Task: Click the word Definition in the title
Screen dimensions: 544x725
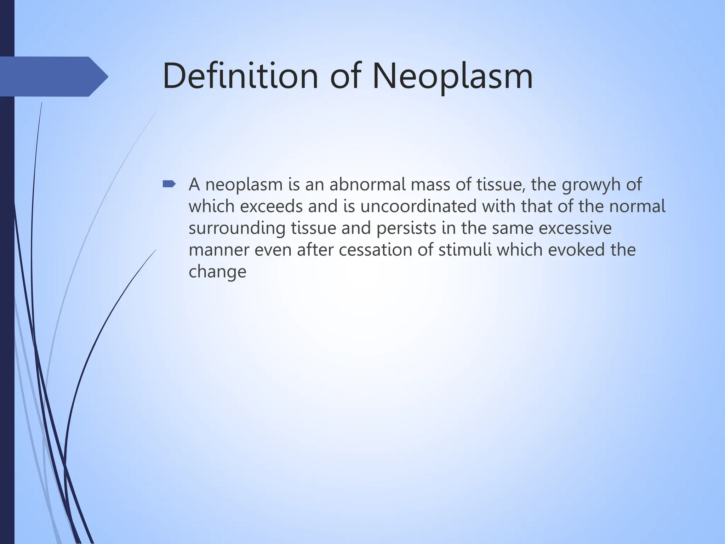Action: [x=241, y=76]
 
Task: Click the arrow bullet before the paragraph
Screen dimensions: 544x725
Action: [x=169, y=184]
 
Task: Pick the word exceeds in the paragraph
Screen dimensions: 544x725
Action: [x=271, y=206]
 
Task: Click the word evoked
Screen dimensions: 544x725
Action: [x=576, y=250]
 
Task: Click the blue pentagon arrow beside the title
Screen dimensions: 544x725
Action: [x=53, y=76]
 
